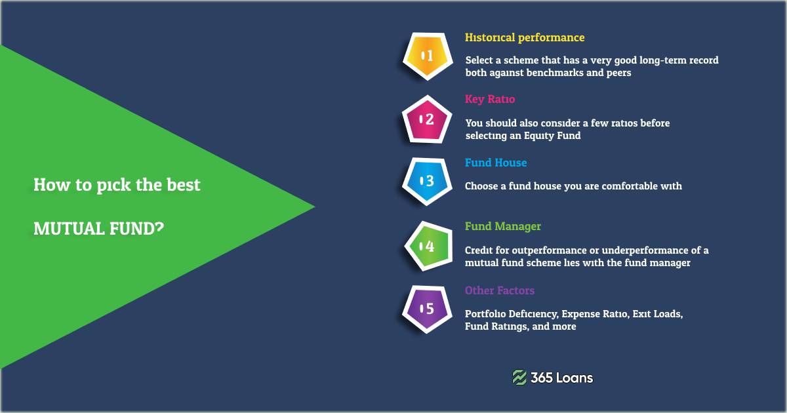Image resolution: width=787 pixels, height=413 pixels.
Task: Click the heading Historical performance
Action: tap(525, 37)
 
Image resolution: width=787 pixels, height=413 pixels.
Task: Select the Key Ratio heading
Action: tap(490, 100)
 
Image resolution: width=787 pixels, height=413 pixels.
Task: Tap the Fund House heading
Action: tap(496, 163)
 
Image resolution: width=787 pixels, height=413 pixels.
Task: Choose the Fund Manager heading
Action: tap(503, 226)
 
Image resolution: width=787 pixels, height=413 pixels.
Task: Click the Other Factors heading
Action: tap(500, 290)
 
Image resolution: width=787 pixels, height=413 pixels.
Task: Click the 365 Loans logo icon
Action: tap(519, 377)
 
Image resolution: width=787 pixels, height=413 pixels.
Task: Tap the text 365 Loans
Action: tap(562, 378)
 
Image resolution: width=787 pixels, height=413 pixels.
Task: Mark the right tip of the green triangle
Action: tap(313, 207)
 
